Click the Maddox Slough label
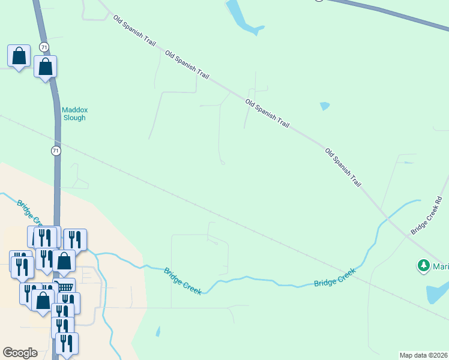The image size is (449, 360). pos(74,113)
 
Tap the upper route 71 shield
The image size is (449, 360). pos(44,47)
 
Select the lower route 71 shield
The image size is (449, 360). pos(56,151)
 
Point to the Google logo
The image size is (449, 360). pos(20,352)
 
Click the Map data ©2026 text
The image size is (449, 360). pos(423,355)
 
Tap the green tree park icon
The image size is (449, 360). pos(424,265)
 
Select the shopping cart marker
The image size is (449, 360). pos(64,287)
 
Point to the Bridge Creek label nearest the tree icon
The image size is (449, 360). pos(334,278)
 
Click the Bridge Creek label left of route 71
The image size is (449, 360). pos(28,211)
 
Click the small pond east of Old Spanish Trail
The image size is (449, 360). pos(325,106)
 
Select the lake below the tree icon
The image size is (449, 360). pos(436,293)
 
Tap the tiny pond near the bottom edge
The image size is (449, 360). pos(158,331)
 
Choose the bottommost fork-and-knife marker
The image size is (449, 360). pos(67,343)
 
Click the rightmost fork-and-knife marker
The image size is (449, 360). pos(76,239)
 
